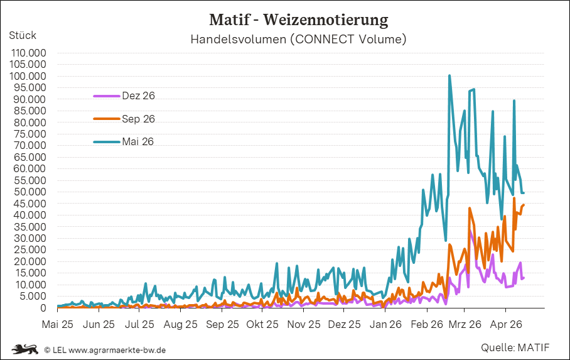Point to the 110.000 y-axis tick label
pyautogui.click(x=28, y=53)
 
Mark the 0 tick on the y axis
pyautogui.click(x=43, y=308)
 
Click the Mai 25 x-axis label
pyautogui.click(x=57, y=325)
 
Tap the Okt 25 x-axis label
pyautogui.click(x=262, y=325)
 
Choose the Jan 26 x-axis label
pyautogui.click(x=385, y=325)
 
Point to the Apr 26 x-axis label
pyautogui.click(x=506, y=325)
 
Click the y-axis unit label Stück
pyautogui.click(x=23, y=35)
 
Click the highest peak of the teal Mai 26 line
pyautogui.click(x=449, y=76)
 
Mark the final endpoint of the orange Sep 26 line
pyautogui.click(x=524, y=205)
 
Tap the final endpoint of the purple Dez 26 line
pyautogui.click(x=524, y=278)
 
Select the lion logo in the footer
pyautogui.click(x=26, y=349)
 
